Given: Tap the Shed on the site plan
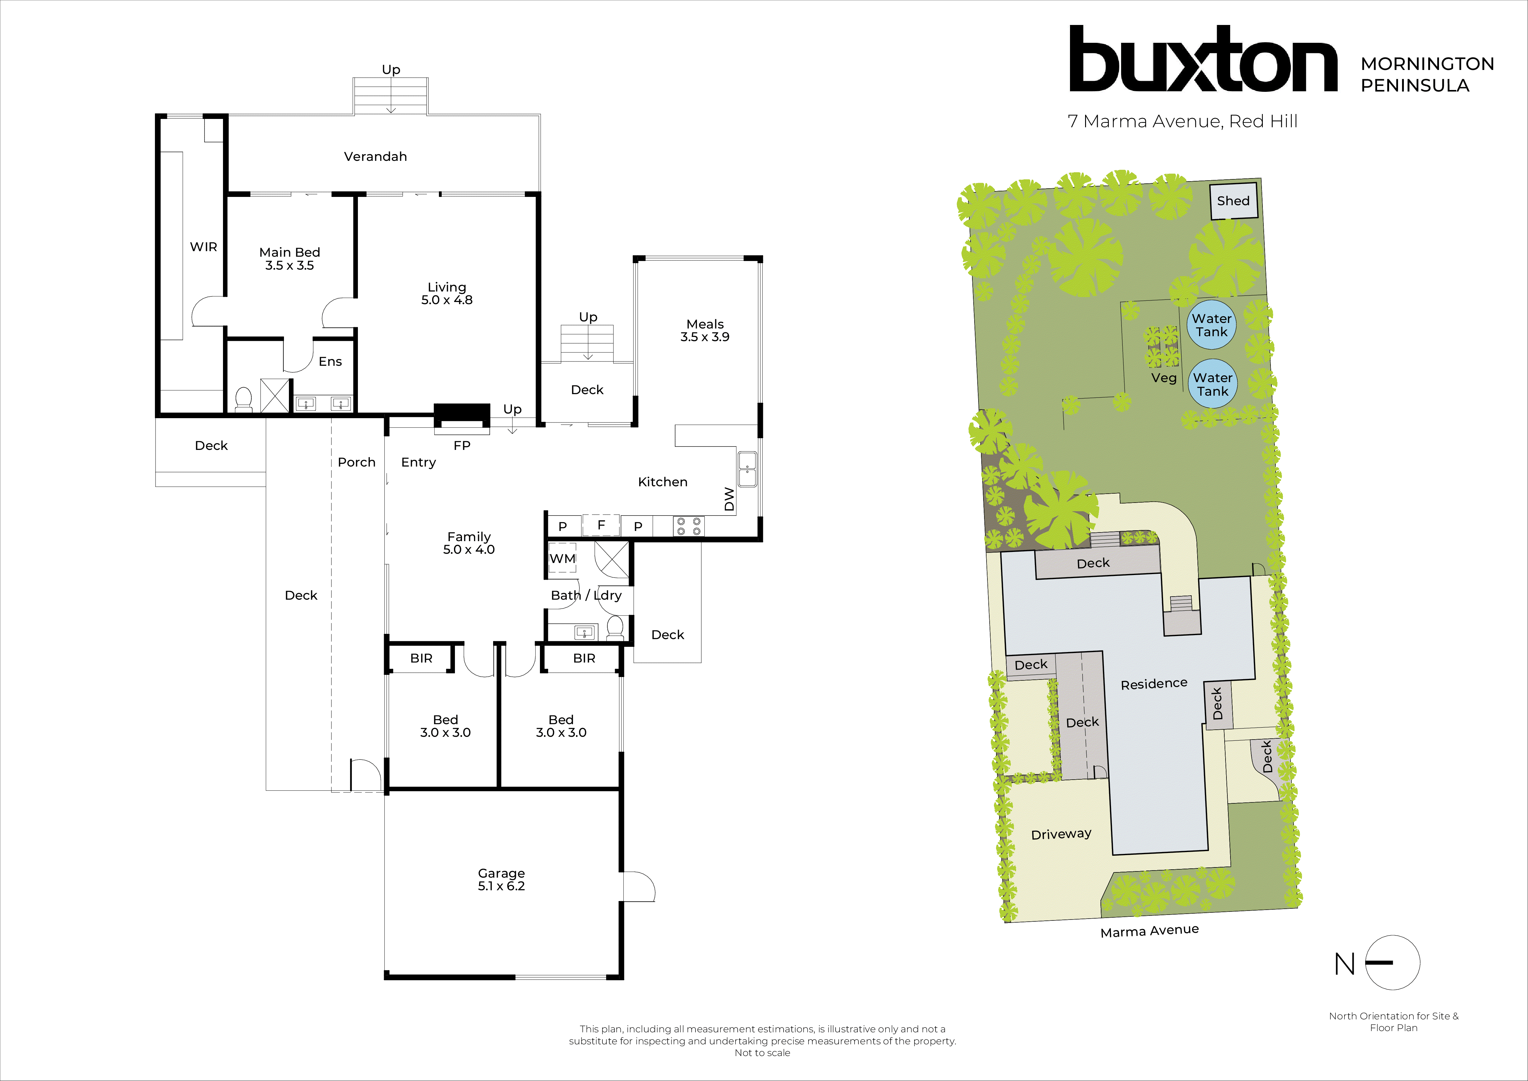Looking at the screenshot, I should click(x=1233, y=201).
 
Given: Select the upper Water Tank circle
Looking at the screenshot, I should click(x=1211, y=325).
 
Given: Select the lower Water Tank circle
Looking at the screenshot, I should click(x=1213, y=384).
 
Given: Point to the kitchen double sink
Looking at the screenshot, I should click(x=747, y=469).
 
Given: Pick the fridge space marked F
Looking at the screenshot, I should click(x=601, y=525).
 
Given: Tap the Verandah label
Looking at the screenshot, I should click(x=375, y=157).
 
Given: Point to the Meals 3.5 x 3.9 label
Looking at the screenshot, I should click(x=705, y=330).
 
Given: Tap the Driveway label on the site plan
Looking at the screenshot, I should click(x=1061, y=834).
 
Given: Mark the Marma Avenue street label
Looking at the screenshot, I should click(x=1149, y=931).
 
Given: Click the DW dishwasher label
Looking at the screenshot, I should click(x=729, y=499).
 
